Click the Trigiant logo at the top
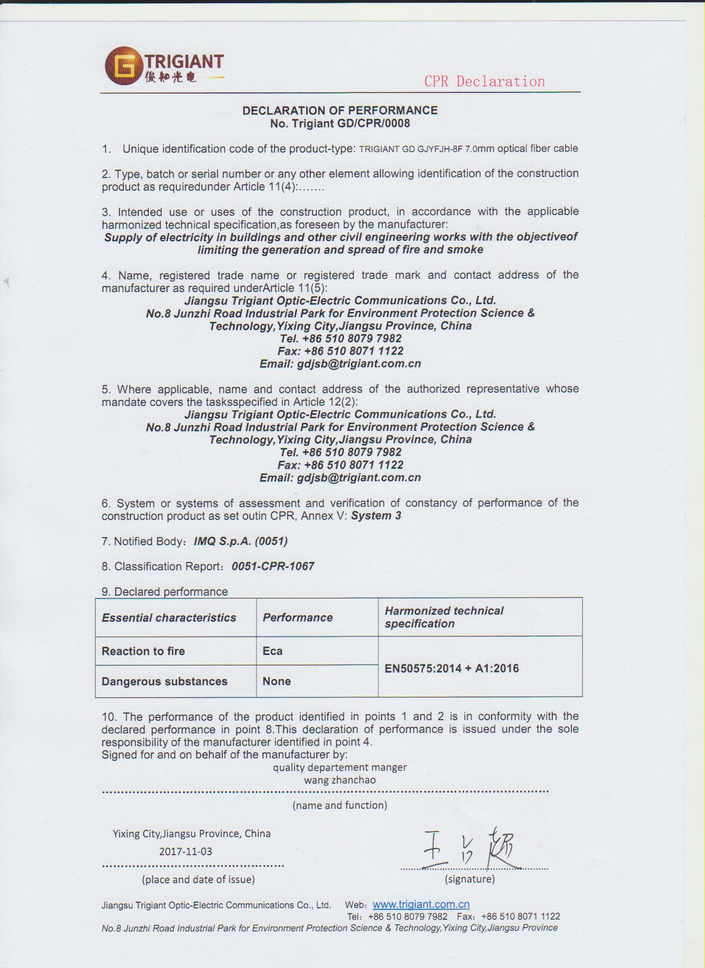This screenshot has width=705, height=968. pyautogui.click(x=164, y=66)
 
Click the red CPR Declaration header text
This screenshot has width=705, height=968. pyautogui.click(x=484, y=81)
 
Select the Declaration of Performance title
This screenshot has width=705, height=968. pyautogui.click(x=340, y=111)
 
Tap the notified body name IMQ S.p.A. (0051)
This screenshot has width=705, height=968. pyautogui.click(x=241, y=541)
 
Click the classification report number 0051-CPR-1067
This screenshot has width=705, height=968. pyautogui.click(x=273, y=566)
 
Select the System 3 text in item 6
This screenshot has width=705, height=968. pyautogui.click(x=376, y=516)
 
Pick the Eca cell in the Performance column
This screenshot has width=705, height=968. pyautogui.click(x=273, y=650)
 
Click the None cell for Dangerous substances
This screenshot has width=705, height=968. pyautogui.click(x=276, y=681)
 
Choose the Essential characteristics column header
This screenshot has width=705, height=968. pyautogui.click(x=169, y=617)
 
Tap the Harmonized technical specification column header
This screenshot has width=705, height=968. pyautogui.click(x=444, y=617)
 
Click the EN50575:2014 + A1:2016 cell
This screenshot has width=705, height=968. pyautogui.click(x=451, y=668)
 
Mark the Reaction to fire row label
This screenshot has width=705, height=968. pyautogui.click(x=143, y=651)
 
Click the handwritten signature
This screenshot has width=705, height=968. pyautogui.click(x=470, y=849)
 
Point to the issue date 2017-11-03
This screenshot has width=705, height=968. pyautogui.click(x=185, y=851)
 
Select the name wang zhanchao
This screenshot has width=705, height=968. pyautogui.click(x=340, y=780)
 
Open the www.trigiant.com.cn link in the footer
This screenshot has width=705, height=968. pyautogui.click(x=421, y=904)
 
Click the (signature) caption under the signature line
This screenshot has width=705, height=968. pyautogui.click(x=469, y=879)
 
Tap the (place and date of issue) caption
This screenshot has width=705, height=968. pyautogui.click(x=198, y=879)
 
